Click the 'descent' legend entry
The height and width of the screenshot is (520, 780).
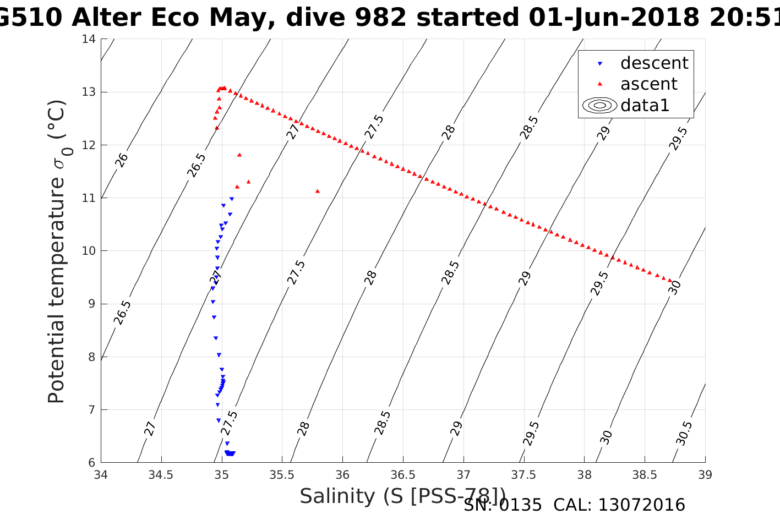654,63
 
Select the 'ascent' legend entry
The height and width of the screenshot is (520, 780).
648,84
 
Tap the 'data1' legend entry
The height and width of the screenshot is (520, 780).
645,105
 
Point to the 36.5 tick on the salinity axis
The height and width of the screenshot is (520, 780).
402,474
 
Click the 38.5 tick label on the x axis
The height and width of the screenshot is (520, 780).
645,474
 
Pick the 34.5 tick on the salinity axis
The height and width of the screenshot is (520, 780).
161,474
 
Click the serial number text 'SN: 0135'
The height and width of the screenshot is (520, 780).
503,505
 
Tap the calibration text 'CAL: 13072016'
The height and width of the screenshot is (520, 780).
619,505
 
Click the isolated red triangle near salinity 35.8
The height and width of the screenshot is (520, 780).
318,191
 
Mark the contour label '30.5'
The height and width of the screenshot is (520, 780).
684,433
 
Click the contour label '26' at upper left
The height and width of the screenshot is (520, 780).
122,160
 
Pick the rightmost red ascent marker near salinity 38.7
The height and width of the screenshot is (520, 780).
670,281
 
